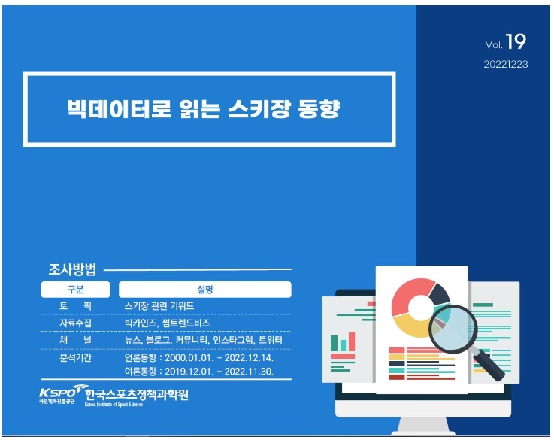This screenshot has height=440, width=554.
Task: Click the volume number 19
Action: click(x=516, y=41)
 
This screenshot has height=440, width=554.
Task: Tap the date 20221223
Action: click(x=506, y=65)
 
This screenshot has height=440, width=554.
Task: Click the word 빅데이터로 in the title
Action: click(x=119, y=108)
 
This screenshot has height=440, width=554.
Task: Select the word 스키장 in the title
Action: click(x=259, y=108)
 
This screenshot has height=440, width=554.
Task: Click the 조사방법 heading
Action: click(x=72, y=269)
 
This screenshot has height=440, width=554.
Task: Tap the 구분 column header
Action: click(x=75, y=290)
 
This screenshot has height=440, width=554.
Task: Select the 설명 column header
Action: click(x=205, y=290)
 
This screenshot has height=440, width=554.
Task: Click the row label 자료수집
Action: click(x=75, y=323)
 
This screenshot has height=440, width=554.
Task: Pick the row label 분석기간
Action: click(x=75, y=358)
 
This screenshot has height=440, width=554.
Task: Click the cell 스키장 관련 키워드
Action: click(x=159, y=305)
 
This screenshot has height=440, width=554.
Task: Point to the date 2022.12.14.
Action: click(x=249, y=358)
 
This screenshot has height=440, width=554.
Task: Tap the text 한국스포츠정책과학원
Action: click(x=136, y=394)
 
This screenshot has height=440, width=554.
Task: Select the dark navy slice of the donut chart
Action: click(x=439, y=293)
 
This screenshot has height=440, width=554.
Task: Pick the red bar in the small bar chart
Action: click(x=352, y=341)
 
